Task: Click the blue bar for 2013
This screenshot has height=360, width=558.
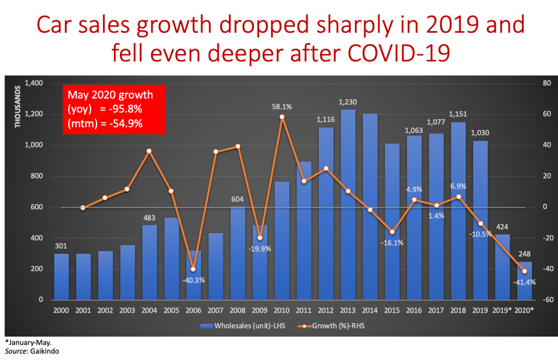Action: (348, 204)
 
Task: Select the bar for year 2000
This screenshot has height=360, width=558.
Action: (62, 277)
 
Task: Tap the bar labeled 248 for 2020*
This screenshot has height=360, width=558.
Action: (524, 280)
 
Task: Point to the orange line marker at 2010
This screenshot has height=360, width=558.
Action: (282, 117)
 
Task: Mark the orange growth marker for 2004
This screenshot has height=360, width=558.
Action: (149, 150)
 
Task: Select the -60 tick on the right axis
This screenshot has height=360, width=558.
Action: (545, 300)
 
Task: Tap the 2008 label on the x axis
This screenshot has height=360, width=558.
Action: (238, 310)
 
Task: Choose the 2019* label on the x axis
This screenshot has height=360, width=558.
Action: (502, 310)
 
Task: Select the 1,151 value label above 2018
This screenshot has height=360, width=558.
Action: (458, 114)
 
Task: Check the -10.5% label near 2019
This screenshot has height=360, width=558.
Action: (481, 234)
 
